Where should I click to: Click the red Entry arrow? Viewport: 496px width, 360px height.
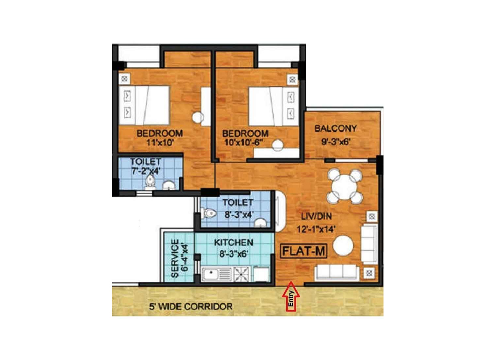(x=291, y=296)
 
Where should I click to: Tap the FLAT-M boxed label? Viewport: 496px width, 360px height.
(x=303, y=252)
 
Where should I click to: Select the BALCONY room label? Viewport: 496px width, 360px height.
(x=335, y=128)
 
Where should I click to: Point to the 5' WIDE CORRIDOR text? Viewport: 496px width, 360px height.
(x=191, y=307)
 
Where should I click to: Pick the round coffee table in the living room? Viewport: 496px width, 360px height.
(x=343, y=245)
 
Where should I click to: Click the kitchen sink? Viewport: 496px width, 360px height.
(x=217, y=274)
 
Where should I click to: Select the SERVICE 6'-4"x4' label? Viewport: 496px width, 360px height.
(x=179, y=258)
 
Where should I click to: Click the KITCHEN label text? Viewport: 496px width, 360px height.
(x=234, y=243)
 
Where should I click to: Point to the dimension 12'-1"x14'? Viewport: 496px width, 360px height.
(x=316, y=229)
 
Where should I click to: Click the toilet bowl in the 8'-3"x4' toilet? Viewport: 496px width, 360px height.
(x=208, y=213)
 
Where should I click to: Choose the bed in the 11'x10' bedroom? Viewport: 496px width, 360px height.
(x=144, y=105)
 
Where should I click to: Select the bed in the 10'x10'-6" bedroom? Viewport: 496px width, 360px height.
(x=274, y=106)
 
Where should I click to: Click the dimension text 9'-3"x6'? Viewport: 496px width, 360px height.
(x=335, y=141)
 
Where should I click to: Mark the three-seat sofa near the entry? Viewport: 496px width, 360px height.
(x=337, y=273)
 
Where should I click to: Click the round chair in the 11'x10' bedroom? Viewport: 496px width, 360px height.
(x=198, y=118)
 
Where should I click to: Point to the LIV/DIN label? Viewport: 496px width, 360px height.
(x=317, y=217)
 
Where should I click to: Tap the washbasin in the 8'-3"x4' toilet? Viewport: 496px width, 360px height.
(x=261, y=223)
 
